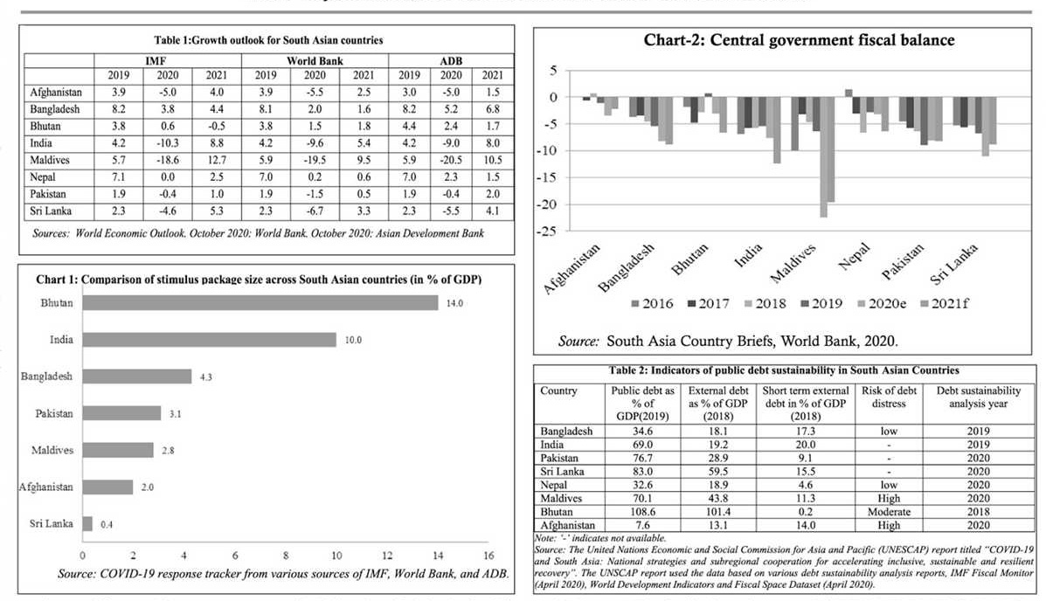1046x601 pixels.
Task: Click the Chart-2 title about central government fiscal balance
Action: coord(799,40)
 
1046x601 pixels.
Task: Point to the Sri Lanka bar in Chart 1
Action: coord(87,523)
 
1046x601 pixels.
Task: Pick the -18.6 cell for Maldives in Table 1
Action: coord(167,160)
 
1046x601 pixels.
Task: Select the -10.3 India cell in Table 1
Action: coord(167,142)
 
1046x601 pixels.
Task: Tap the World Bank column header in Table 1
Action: coord(315,61)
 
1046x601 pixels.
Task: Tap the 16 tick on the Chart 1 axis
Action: coord(488,556)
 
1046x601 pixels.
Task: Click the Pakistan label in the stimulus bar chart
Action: coord(54,413)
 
